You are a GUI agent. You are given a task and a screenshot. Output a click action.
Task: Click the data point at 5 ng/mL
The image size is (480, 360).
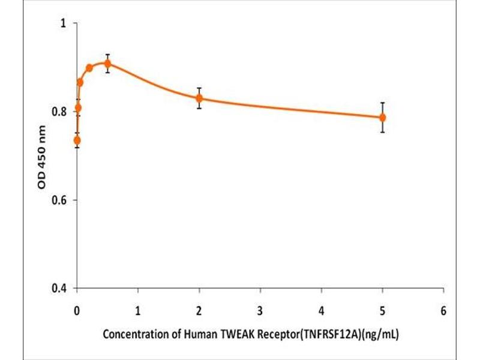click(x=382, y=118)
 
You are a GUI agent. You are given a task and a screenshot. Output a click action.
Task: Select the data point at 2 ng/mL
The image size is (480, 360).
click(x=199, y=98)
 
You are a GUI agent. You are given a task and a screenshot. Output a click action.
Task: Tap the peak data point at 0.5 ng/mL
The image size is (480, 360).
click(x=107, y=64)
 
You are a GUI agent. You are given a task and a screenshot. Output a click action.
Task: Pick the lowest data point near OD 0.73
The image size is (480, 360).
click(x=77, y=140)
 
